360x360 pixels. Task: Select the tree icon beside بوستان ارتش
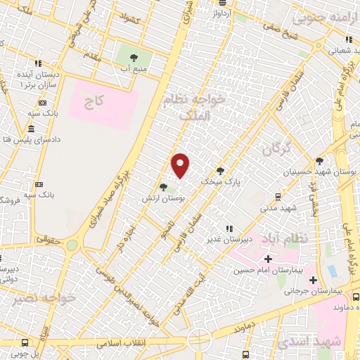[163, 187]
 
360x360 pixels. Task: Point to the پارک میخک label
[220, 181]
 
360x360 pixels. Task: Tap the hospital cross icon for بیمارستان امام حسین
[267, 259]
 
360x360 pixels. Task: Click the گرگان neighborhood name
[276, 149]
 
